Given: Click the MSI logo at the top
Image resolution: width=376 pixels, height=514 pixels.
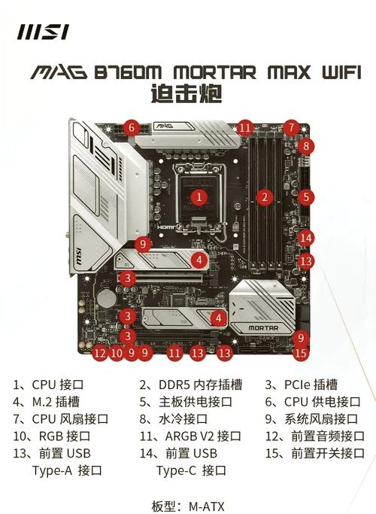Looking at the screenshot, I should pyautogui.click(x=44, y=32).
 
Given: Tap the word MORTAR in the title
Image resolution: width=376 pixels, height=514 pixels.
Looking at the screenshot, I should pyautogui.click(x=211, y=73).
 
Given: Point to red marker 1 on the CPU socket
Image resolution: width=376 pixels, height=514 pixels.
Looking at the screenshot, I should pyautogui.click(x=199, y=197).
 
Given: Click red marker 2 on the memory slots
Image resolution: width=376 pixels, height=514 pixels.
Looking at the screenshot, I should pyautogui.click(x=264, y=198).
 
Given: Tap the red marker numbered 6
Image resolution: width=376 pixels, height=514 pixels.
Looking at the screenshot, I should pyautogui.click(x=131, y=127).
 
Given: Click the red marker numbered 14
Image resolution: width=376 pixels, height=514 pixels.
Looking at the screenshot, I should pyautogui.click(x=305, y=238).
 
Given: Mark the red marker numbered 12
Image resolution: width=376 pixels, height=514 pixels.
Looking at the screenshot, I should pyautogui.click(x=100, y=351).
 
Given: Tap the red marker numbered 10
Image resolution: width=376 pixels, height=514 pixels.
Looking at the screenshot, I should pyautogui.click(x=116, y=351).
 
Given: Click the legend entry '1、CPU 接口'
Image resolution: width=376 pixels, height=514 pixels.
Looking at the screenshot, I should pyautogui.click(x=45, y=384).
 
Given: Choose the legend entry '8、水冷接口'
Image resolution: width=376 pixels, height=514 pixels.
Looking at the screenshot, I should pyautogui.click(x=173, y=418).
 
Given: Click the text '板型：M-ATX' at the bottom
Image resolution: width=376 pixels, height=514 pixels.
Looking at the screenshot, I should pyautogui.click(x=187, y=506).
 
